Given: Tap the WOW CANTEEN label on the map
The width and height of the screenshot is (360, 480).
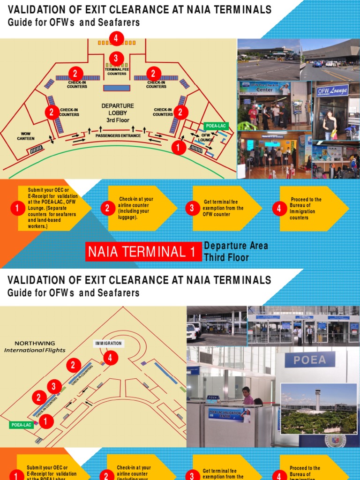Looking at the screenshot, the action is pyautogui.click(x=26, y=136).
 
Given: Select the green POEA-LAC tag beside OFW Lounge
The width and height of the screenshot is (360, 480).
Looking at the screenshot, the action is pyautogui.click(x=216, y=126).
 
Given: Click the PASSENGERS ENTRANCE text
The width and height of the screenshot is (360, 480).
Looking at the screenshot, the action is pyautogui.click(x=118, y=136).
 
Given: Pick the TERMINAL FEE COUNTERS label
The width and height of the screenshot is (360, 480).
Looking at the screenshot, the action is pyautogui.click(x=117, y=71).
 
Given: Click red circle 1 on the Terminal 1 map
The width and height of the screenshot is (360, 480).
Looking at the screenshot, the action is pyautogui.click(x=178, y=147).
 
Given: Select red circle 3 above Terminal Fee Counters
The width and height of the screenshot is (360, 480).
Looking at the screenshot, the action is pyautogui.click(x=116, y=59).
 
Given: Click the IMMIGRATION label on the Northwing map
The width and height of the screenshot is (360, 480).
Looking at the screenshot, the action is pyautogui.click(x=108, y=343).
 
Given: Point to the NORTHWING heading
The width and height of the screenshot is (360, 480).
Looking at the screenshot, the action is pyautogui.click(x=35, y=343).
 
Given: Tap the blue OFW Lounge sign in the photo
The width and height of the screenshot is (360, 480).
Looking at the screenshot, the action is pyautogui.click(x=332, y=90).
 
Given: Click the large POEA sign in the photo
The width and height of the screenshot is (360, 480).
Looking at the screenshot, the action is pyautogui.click(x=310, y=360).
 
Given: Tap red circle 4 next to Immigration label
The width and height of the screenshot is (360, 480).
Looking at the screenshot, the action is pyautogui.click(x=111, y=359).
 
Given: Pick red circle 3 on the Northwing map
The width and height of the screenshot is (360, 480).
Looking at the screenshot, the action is pyautogui.click(x=54, y=387).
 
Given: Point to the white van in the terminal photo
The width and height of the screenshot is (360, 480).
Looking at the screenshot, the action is pyautogui.click(x=191, y=331).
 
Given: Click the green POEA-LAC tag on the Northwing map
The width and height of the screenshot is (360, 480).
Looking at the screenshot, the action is pyautogui.click(x=21, y=425).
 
